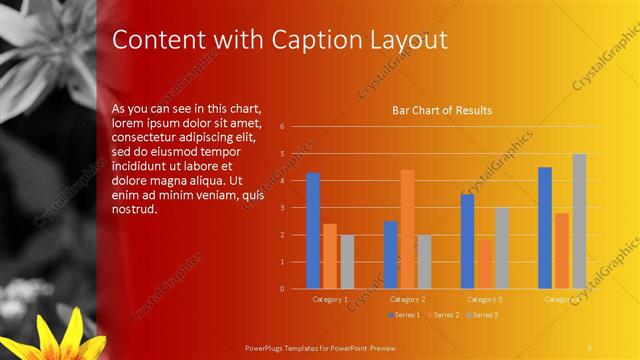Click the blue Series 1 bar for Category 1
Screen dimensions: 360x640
coord(313,231)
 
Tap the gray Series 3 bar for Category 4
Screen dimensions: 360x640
coord(579,221)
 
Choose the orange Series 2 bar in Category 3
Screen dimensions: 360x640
coord(484,264)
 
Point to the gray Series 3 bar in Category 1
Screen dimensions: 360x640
coord(347,262)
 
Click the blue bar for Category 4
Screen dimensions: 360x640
coord(545,228)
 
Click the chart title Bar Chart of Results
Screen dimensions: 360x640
coord(441,111)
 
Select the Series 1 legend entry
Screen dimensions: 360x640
coord(403,315)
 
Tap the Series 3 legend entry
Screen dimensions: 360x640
coord(481,315)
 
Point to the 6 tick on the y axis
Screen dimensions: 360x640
coord(283,127)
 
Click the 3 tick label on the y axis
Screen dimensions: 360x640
coord(283,208)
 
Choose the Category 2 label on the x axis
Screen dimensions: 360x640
coord(407,299)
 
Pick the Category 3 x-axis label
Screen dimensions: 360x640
coord(485,299)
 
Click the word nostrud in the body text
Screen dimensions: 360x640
coord(135,209)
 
